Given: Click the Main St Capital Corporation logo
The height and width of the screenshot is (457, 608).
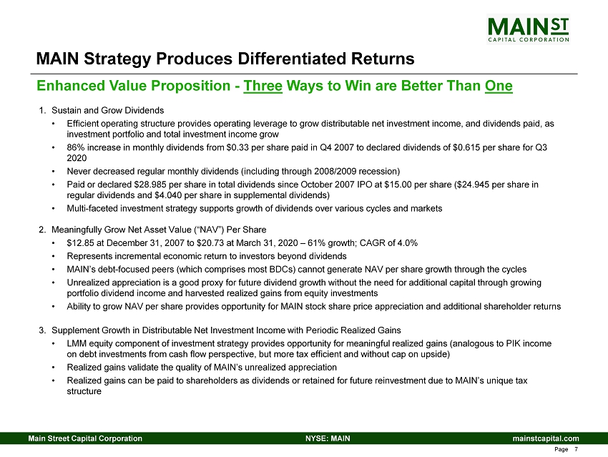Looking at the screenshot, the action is [x=528, y=29].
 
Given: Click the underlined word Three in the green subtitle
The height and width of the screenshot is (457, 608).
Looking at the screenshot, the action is [x=263, y=86].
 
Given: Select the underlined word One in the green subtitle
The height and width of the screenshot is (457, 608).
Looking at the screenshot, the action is [x=499, y=86].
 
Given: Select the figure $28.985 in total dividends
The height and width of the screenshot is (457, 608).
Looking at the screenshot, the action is [x=151, y=185].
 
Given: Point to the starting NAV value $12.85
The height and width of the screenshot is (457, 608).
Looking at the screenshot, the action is [x=80, y=243].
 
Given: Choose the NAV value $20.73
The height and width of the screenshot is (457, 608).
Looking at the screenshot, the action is [x=210, y=243].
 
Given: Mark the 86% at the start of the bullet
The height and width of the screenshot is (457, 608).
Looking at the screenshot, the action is [x=75, y=147].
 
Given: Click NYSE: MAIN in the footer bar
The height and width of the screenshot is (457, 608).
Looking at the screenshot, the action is [x=328, y=438].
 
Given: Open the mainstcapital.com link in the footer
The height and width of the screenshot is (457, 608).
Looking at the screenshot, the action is [x=546, y=438].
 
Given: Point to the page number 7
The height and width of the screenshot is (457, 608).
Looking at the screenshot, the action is [x=577, y=449].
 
